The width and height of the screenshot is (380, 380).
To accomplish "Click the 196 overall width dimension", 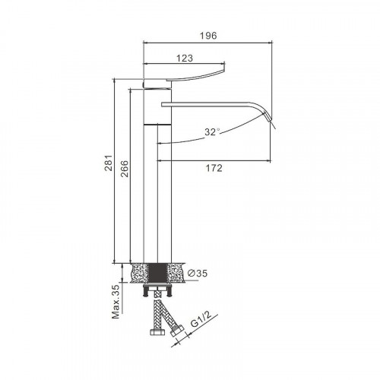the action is tap(208, 36).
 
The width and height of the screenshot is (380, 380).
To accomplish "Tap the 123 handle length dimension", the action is tap(185, 59).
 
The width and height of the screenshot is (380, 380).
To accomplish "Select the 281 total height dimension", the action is tap(109, 163).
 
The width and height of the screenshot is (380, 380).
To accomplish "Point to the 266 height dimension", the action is tap(124, 169).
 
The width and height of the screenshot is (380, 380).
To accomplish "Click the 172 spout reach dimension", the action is tap(214, 168).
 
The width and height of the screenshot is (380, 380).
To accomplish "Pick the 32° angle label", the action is tap(212, 132).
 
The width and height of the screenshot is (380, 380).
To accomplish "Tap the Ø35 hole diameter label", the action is tap(198, 273).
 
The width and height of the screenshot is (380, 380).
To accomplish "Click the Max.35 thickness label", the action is tap(116, 302).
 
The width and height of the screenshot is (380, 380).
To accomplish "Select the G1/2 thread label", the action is tap(201, 319).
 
